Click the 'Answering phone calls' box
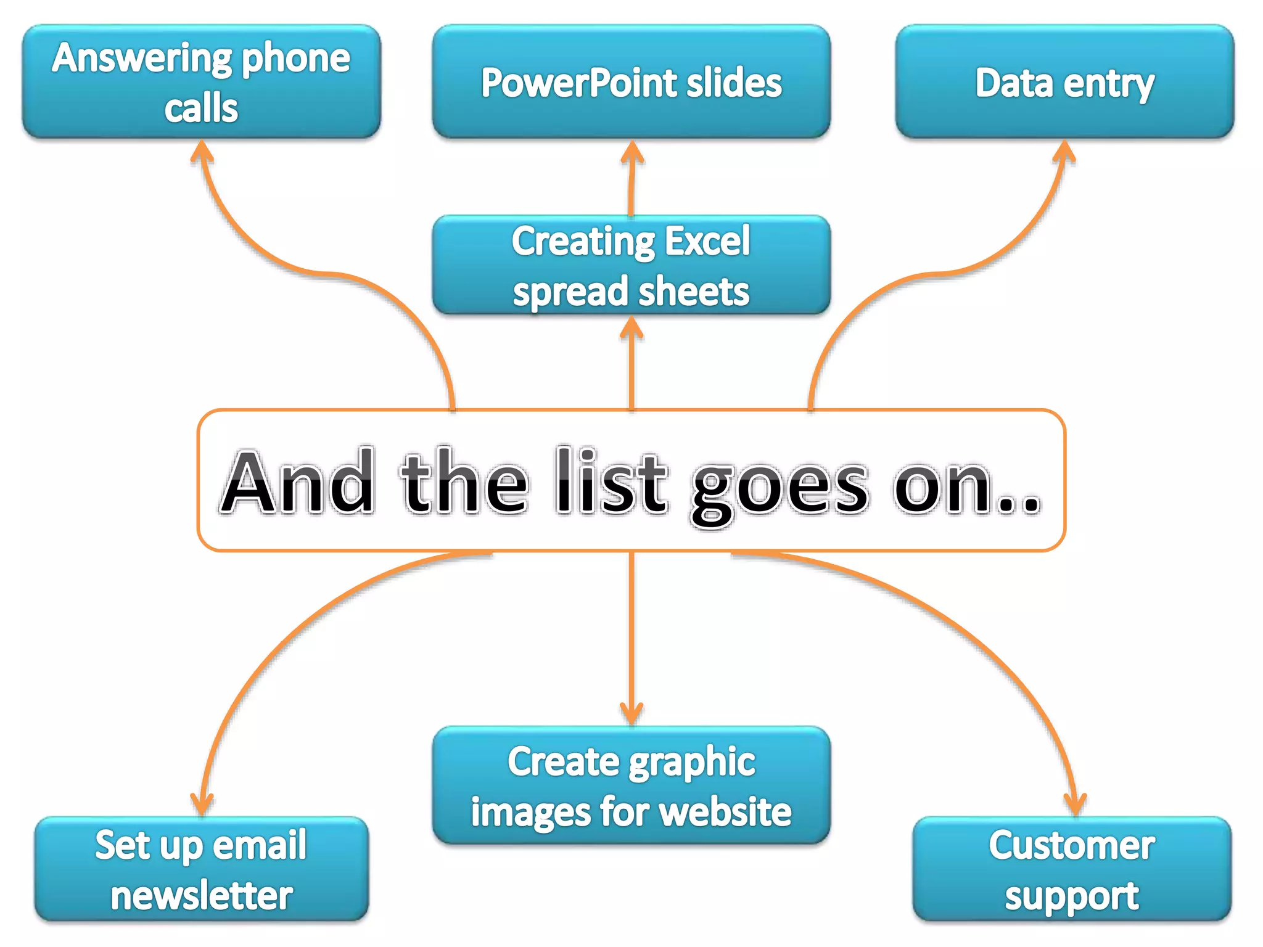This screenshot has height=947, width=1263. point(202,81)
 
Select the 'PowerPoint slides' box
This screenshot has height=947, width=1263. point(631,81)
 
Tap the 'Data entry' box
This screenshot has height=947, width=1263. point(1064,81)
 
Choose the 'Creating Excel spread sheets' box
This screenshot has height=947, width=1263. point(631,265)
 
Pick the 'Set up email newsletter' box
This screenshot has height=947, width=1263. point(202,869)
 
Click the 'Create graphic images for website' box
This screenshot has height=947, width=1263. point(631,785)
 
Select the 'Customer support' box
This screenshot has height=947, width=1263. point(1072,869)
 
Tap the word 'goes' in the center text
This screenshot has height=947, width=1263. point(780,487)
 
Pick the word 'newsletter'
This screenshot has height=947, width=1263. point(202,895)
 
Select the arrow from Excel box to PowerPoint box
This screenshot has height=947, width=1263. point(631,179)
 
